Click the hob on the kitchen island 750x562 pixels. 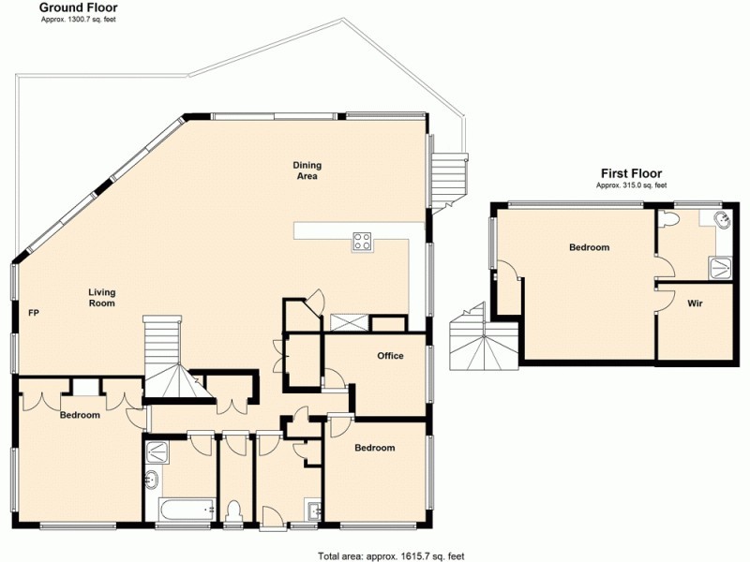(x=363, y=242)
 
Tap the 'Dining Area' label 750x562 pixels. (x=307, y=170)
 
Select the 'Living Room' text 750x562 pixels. (x=101, y=297)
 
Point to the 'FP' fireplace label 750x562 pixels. (x=34, y=312)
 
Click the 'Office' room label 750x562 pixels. (x=390, y=356)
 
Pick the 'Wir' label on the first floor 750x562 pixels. (x=695, y=303)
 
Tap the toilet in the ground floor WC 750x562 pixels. (x=235, y=510)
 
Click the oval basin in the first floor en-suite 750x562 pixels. (x=720, y=221)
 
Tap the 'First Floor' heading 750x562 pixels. (x=631, y=173)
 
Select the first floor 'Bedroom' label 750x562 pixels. (x=589, y=247)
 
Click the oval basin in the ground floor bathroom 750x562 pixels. (x=153, y=481)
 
